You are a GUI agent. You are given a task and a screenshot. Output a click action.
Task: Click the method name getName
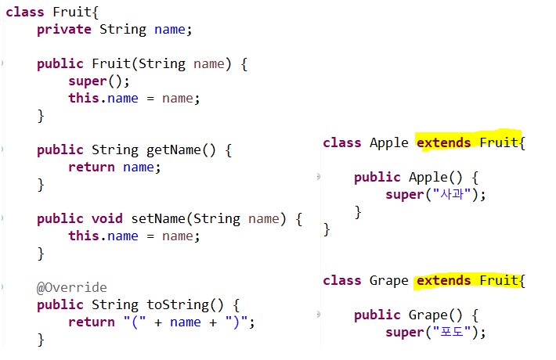174,149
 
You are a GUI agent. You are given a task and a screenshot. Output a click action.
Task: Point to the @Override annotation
71,287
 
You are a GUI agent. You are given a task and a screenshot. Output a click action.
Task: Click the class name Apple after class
389,142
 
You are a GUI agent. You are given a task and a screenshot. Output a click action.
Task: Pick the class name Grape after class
389,280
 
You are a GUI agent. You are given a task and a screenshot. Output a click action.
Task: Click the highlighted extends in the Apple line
443,142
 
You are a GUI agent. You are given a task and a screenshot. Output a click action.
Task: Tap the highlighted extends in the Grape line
443,280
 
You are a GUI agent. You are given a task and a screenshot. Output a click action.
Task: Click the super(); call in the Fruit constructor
95,81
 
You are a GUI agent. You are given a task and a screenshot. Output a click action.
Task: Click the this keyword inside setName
83,236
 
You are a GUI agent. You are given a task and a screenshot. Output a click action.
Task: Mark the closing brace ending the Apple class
327,229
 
